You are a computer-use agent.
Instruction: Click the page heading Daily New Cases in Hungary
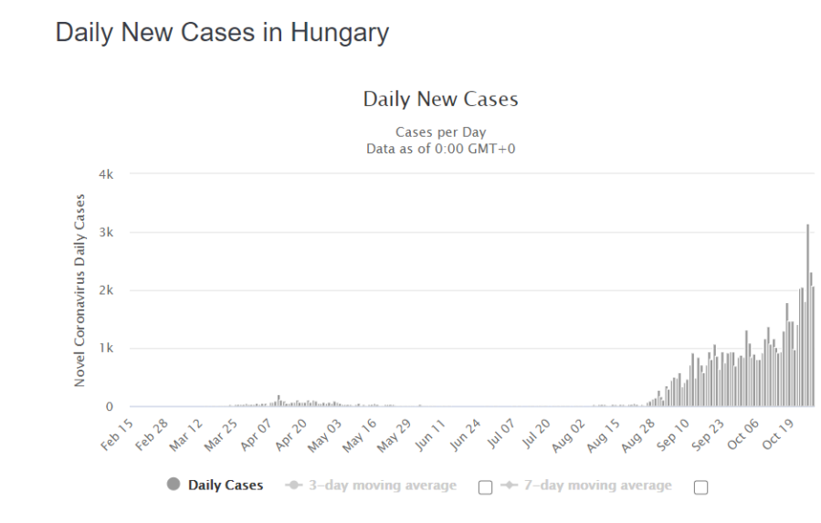(222, 33)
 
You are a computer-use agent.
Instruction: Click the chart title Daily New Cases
(440, 99)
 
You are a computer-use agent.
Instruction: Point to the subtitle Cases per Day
(440, 132)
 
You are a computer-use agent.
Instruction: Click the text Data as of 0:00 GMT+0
(440, 149)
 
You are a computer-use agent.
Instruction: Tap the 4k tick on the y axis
(107, 174)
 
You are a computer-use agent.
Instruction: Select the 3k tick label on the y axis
(107, 233)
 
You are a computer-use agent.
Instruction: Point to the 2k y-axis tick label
(107, 290)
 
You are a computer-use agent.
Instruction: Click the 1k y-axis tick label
(107, 349)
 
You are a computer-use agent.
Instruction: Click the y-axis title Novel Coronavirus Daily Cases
(80, 290)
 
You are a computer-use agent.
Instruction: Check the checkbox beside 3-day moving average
(486, 486)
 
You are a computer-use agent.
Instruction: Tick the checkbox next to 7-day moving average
(700, 486)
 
